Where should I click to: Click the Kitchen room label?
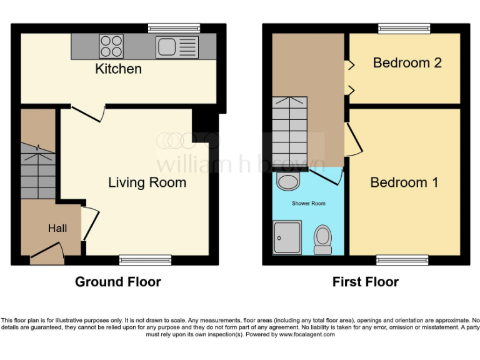pos(118,69)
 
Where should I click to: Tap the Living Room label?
pos(147,182)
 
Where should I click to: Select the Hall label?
pos(57,229)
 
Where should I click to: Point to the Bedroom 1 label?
pos(404,182)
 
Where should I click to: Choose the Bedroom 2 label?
pos(407,62)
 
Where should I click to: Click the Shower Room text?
pos(308,204)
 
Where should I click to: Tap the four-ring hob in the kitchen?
pos(111,46)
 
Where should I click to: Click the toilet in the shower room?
pos(322,239)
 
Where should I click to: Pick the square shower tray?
pos(287,237)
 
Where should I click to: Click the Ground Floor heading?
pos(117,282)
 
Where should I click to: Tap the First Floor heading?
pos(365,282)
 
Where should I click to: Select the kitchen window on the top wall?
pos(174,28)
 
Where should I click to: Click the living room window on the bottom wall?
pos(146,260)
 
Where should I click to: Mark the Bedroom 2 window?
pos(404,28)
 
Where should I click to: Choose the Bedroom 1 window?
pos(402,260)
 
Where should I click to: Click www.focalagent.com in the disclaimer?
pos(306,334)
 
